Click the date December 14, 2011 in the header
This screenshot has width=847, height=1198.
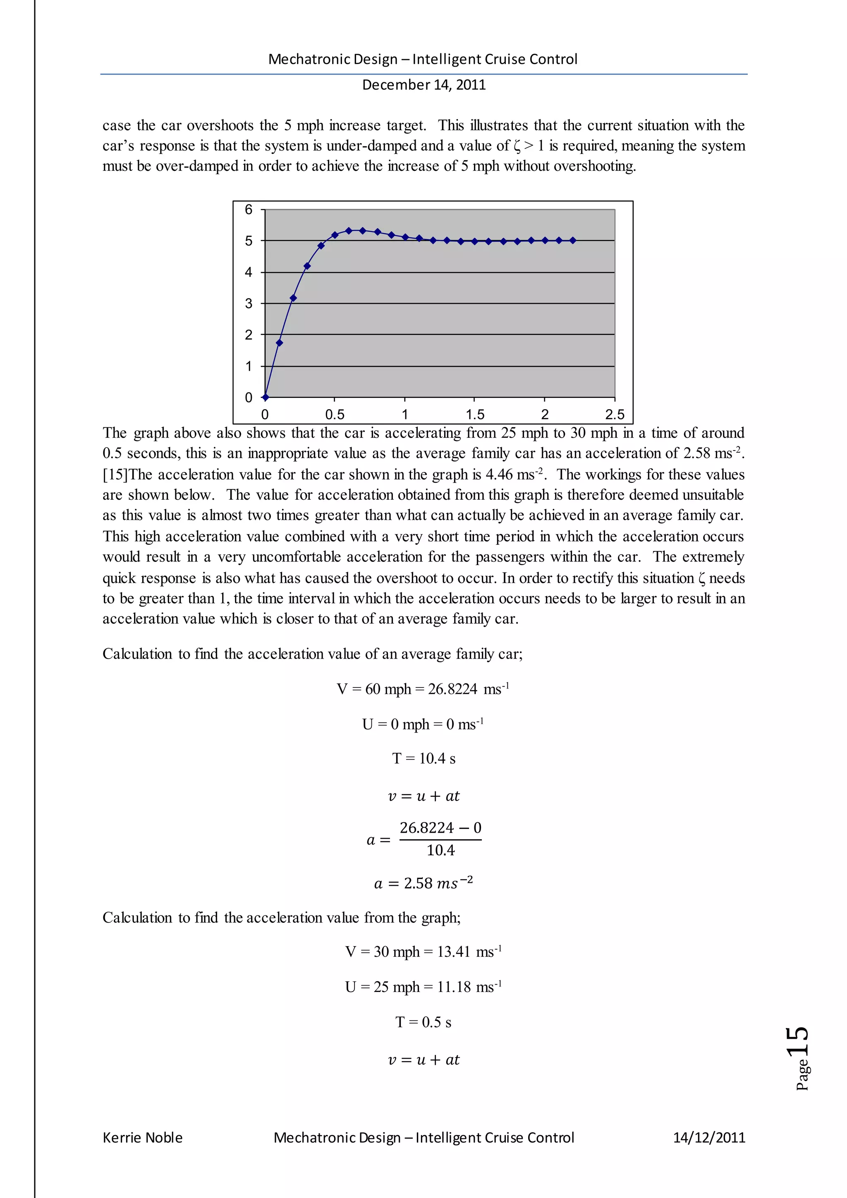(x=423, y=84)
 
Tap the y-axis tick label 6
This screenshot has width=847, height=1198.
(x=249, y=209)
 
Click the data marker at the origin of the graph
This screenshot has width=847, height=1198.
(x=266, y=397)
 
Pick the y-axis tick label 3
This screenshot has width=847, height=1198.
(x=249, y=303)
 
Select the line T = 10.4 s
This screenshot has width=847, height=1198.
(x=423, y=758)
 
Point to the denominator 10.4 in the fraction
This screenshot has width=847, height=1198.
(x=440, y=850)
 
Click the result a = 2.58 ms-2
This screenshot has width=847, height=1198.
(x=423, y=883)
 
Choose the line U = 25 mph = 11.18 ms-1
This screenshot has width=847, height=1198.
(x=423, y=987)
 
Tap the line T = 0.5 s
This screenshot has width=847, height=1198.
(x=423, y=1022)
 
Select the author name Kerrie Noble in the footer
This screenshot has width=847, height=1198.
(x=142, y=1138)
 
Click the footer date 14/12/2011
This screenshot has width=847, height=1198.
(x=709, y=1138)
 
